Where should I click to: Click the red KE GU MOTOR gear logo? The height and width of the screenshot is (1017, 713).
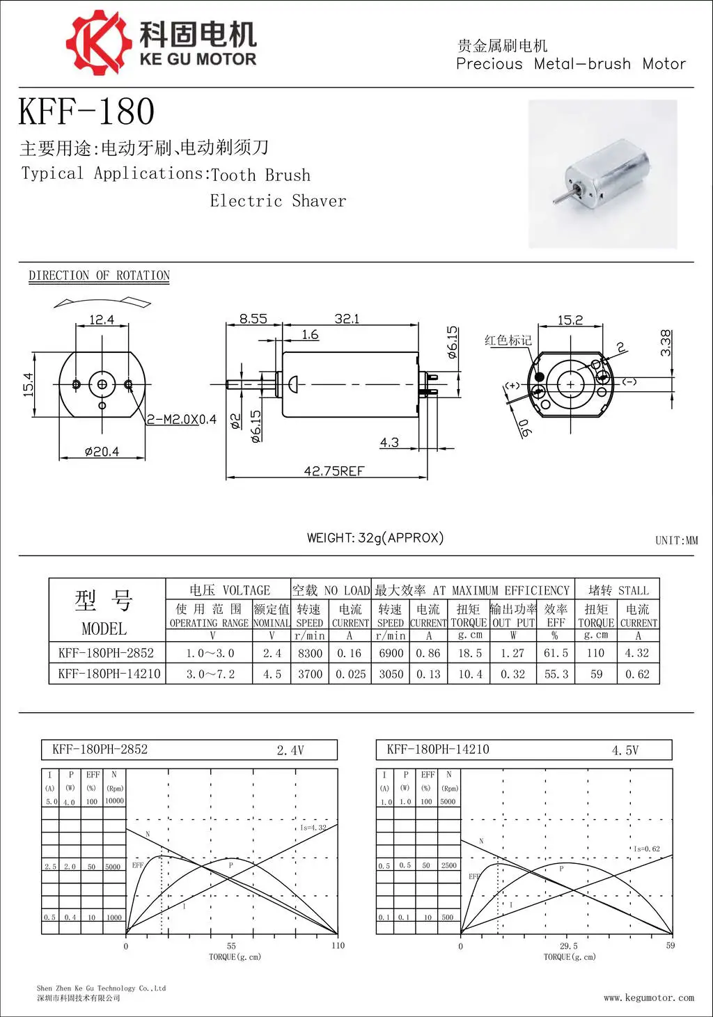(98, 42)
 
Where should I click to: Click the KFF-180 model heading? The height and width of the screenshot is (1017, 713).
(86, 111)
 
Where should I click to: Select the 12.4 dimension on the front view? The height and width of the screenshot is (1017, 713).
(102, 320)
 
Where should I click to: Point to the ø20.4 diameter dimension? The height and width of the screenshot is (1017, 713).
(102, 452)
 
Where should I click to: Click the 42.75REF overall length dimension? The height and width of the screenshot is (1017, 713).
(334, 471)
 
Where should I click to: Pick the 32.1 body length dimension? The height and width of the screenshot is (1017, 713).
(347, 319)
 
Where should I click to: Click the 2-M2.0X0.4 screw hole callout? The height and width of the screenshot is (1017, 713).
(181, 420)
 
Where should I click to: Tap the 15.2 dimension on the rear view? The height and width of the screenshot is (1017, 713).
(570, 320)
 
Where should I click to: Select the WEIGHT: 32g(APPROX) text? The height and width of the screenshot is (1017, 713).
(375, 537)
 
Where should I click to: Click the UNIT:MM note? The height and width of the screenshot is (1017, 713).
(676, 540)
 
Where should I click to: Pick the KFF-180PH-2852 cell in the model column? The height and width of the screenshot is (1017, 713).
(106, 653)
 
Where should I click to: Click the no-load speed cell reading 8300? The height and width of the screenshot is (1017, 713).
(310, 653)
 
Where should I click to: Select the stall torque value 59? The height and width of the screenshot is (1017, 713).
(596, 674)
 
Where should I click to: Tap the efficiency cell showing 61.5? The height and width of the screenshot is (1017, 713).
(556, 653)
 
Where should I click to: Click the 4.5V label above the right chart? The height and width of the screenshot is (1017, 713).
(625, 750)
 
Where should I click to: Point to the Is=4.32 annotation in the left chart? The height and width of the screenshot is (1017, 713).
(313, 828)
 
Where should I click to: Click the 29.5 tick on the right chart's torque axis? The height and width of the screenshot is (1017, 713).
(568, 946)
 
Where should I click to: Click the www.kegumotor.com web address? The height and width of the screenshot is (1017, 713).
(648, 998)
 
